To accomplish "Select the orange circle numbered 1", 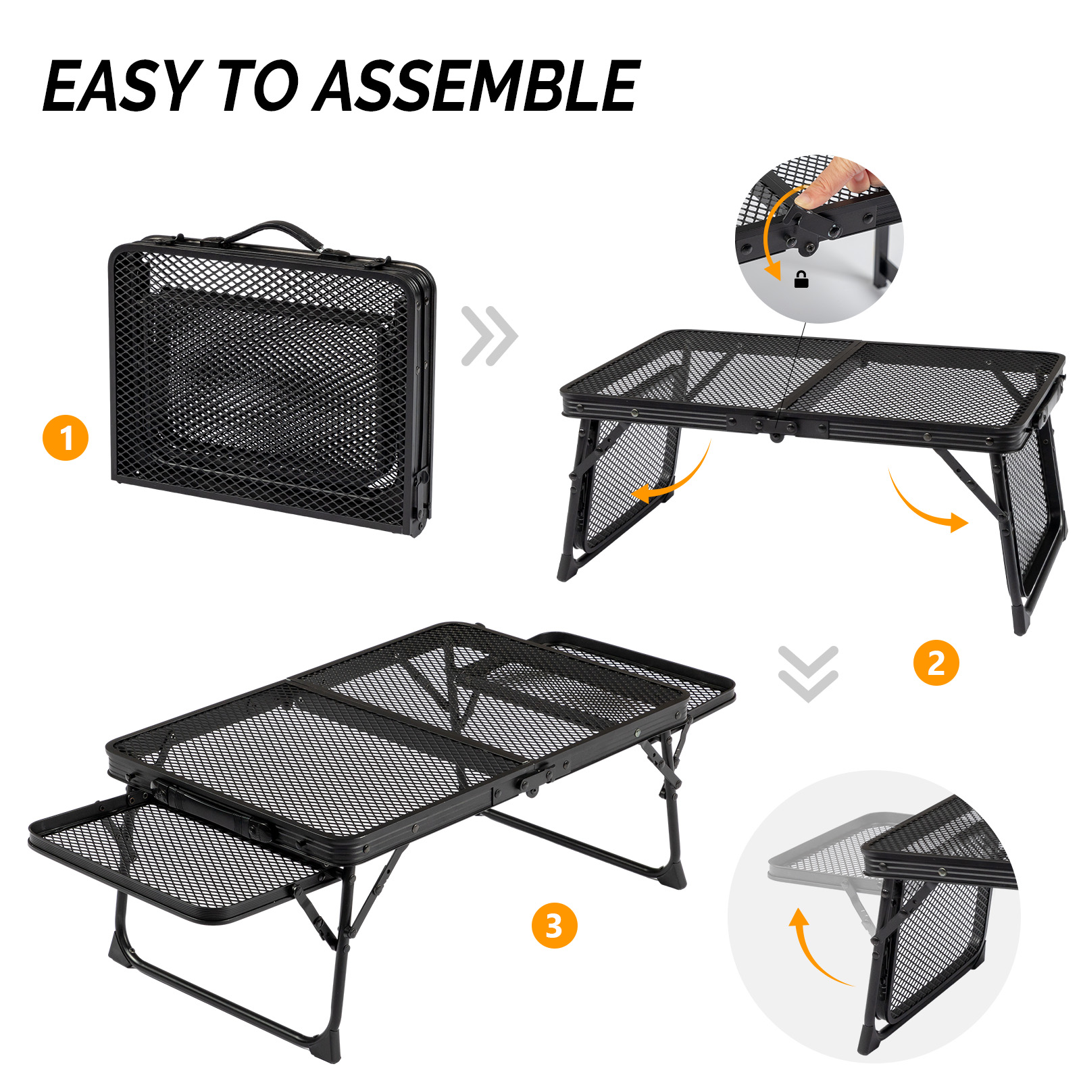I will [x=66, y=438].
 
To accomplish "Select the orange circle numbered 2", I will [x=936, y=663].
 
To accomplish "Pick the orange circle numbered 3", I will [x=554, y=926].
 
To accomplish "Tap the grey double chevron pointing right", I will [x=489, y=336].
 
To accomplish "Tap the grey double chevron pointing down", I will [x=807, y=674].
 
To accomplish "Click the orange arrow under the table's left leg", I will [x=676, y=480].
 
